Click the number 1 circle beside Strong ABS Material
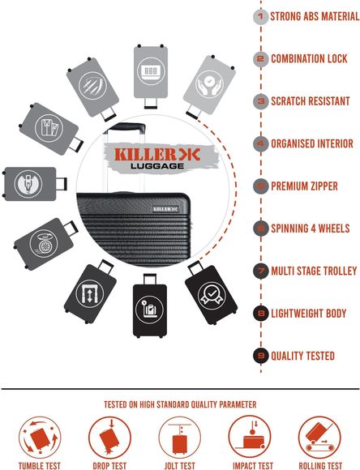point(261,16)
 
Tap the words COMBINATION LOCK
point(309,58)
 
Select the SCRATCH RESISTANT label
point(311,101)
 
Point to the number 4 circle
point(261,144)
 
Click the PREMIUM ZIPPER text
point(304,186)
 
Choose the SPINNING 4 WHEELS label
point(311,229)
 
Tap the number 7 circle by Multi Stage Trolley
point(261,271)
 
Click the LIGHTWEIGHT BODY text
point(309,314)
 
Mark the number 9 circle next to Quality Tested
point(261,356)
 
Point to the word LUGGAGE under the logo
point(157,166)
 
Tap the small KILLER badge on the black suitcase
point(166,209)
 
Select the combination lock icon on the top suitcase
point(151,71)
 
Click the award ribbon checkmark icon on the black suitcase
point(212,295)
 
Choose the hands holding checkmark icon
point(209,84)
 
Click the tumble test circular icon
point(40,438)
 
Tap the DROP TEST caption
point(109,466)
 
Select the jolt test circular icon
point(180,438)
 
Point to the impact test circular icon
point(250,438)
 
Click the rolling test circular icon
point(319,438)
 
